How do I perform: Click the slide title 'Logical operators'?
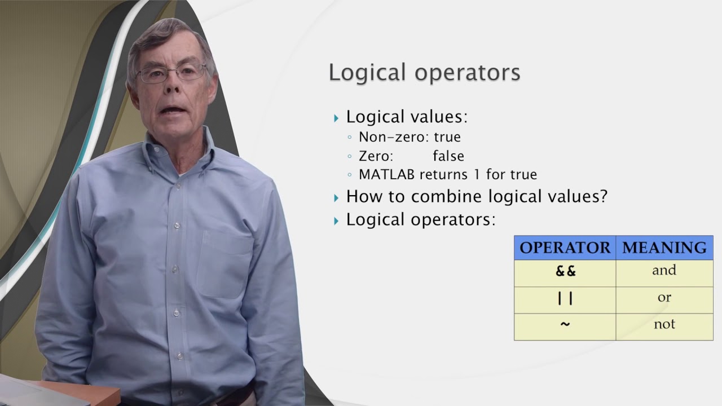point(424,73)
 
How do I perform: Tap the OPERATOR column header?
point(565,248)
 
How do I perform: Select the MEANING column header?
point(664,248)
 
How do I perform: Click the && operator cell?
point(565,271)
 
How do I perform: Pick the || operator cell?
point(565,298)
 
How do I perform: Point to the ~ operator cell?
point(565,325)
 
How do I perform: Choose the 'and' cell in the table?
point(664,271)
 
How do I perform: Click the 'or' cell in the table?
point(664,298)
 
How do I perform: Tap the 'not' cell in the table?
point(664,325)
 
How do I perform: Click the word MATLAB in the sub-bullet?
point(386,175)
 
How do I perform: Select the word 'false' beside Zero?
point(448,156)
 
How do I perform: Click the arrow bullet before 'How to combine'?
point(337,198)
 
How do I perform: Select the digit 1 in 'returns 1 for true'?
point(477,175)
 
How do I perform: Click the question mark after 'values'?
point(602,197)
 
